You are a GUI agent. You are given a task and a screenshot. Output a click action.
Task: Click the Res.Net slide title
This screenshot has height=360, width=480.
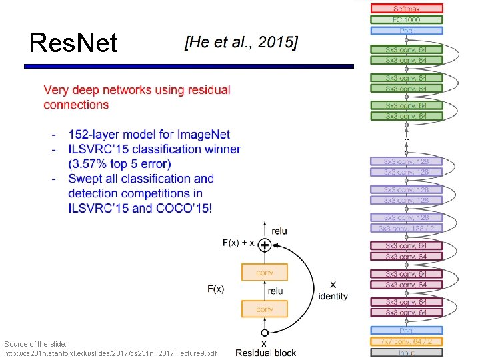click(73, 43)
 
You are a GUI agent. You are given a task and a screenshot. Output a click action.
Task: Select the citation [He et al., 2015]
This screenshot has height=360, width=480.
click(241, 43)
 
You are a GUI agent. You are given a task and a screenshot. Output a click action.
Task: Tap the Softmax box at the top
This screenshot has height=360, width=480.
click(407, 9)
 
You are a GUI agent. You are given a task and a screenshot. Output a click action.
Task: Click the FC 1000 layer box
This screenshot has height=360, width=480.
click(407, 20)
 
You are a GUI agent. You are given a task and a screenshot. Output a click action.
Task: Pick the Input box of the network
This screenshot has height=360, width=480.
click(407, 353)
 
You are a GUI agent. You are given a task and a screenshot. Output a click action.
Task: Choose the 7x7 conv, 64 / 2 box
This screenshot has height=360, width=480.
click(407, 341)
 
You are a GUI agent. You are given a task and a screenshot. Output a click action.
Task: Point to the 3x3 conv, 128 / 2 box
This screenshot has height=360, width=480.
click(407, 228)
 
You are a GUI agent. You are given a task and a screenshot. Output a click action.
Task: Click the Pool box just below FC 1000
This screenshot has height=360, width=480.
click(407, 31)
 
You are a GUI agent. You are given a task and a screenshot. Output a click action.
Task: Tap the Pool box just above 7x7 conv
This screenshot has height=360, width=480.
click(407, 331)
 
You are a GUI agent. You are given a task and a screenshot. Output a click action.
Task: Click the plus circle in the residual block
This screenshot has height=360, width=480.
click(265, 245)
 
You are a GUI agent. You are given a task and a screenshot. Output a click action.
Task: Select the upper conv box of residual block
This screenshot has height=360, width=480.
click(265, 272)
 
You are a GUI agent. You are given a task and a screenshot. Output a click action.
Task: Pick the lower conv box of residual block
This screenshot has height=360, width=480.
click(265, 309)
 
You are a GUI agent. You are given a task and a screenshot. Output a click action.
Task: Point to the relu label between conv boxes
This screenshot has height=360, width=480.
click(275, 291)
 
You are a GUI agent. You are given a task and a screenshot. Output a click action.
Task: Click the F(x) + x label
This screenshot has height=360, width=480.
click(238, 243)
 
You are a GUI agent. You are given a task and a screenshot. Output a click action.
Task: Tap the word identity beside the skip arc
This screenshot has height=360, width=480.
click(333, 296)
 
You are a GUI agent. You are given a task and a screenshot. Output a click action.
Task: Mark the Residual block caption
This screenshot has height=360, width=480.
click(265, 353)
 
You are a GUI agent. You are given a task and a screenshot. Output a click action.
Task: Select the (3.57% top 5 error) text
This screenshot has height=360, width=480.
click(119, 164)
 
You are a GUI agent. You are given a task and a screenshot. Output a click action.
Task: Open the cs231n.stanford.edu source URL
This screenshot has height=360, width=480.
click(110, 353)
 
